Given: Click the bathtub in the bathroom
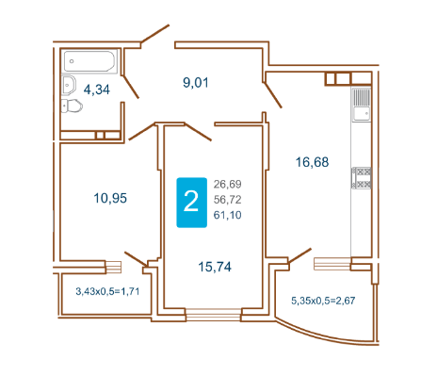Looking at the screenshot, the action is pos(89,61).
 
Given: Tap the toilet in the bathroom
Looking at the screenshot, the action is pos(72,106).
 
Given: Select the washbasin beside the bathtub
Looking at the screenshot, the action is pos(69,85).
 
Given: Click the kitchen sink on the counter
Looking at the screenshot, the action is pos(361,105).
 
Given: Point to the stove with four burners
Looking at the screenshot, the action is pos(361,178).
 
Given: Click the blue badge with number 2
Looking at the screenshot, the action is pos(191,203).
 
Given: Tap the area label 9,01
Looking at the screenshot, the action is pos(196,83).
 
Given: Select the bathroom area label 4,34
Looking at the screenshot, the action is pos(97,90).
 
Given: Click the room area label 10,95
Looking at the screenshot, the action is pos(110,198).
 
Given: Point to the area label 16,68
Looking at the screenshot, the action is pos(312,162).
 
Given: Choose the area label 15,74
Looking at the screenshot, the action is pos(215,267).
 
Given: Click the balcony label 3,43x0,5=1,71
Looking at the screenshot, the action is pos(107,291).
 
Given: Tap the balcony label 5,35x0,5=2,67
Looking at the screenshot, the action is pos(323,301).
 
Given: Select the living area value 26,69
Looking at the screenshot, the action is pos(228,184).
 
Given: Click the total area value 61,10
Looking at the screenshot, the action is pos(228,215).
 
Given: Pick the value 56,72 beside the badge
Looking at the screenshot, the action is pos(228,200).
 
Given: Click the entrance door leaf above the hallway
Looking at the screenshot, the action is pos(155,33).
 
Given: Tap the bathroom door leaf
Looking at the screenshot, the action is pos(130,87).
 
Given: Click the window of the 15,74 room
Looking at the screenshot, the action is pos(213,315).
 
